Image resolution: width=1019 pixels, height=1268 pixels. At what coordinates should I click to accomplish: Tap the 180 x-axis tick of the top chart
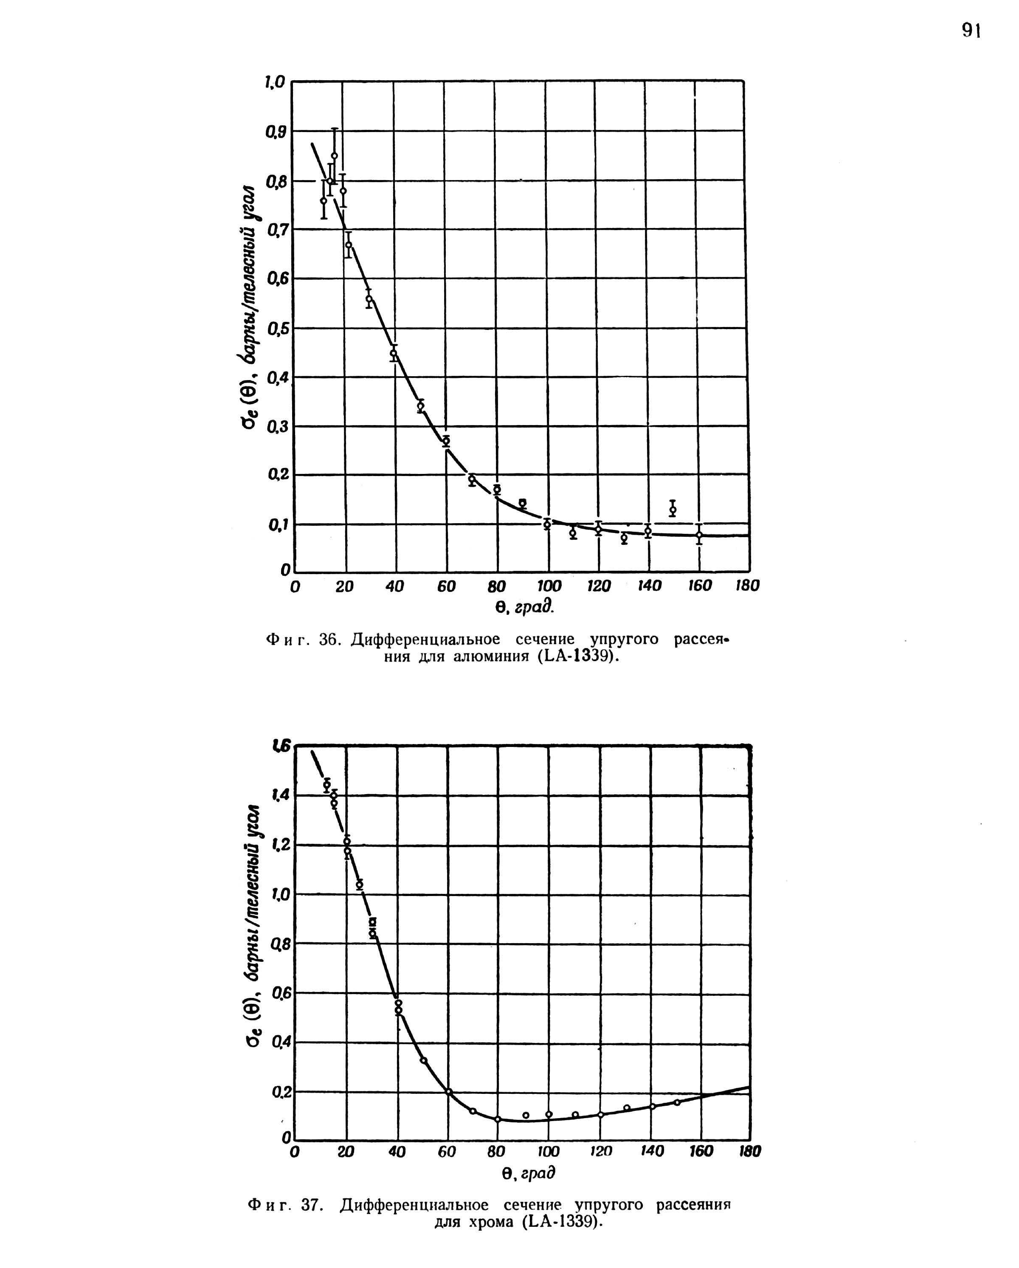pos(747,586)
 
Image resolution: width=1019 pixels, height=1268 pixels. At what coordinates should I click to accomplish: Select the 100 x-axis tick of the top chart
pos(549,586)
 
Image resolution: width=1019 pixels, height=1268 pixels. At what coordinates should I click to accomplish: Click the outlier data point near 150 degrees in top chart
pos(673,509)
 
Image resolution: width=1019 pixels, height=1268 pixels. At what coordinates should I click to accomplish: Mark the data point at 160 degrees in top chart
pos(698,535)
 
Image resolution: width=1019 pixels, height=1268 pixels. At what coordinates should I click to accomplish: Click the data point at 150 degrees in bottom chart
pos(677,1102)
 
